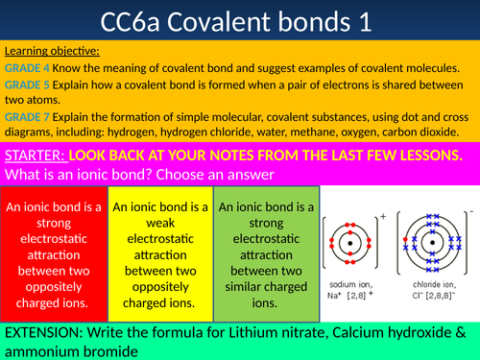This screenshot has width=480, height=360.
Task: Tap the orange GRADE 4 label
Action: point(27,68)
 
